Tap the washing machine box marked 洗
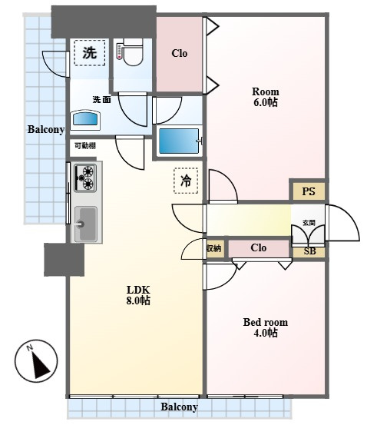pyautogui.click(x=90, y=52)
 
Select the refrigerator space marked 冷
pyautogui.click(x=186, y=181)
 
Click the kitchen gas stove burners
pyautogui.click(x=85, y=178)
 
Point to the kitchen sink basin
pyautogui.click(x=85, y=224)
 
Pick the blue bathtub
pyautogui.click(x=179, y=141)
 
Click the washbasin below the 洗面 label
pyautogui.click(x=85, y=118)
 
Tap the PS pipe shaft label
pyautogui.click(x=309, y=191)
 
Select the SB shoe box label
pyautogui.click(x=309, y=251)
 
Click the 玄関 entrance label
pyautogui.click(x=309, y=223)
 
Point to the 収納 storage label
pyautogui.click(x=214, y=248)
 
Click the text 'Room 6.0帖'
pyautogui.click(x=266, y=97)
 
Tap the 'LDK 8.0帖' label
pyautogui.click(x=138, y=295)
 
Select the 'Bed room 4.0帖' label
pyautogui.click(x=266, y=327)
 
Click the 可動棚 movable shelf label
pyautogui.click(x=85, y=146)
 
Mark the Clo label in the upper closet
pyautogui.click(x=180, y=53)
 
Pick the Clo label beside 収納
pyautogui.click(x=259, y=247)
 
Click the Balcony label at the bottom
pyautogui.click(x=179, y=407)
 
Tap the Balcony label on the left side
pyautogui.click(x=46, y=130)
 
